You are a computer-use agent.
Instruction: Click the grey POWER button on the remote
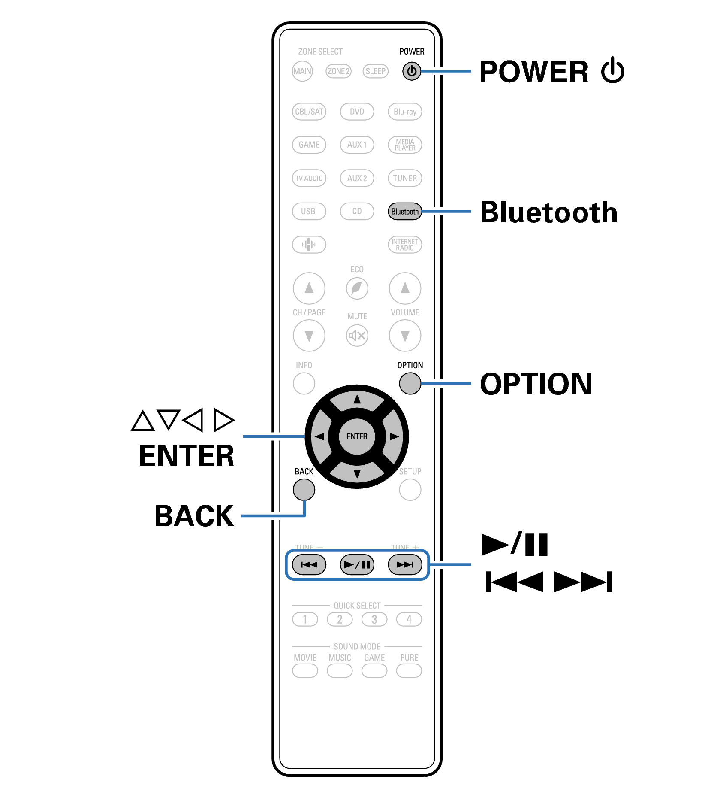tap(411, 71)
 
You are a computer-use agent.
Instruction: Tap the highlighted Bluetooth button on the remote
tap(404, 212)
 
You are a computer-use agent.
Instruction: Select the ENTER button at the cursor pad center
tap(357, 436)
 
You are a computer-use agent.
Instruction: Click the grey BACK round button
tap(304, 490)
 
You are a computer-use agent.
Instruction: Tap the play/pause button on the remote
tap(357, 564)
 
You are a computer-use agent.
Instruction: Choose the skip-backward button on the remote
tap(309, 564)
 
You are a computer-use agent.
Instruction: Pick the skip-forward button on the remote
tap(405, 564)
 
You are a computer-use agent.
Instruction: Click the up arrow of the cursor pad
tap(357, 400)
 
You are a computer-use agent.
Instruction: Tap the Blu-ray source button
tap(405, 112)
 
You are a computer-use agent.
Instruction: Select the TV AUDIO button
tap(309, 178)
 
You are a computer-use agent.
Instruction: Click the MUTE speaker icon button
tap(357, 335)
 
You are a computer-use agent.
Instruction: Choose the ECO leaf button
tap(357, 288)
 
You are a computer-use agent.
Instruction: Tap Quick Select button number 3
tap(374, 619)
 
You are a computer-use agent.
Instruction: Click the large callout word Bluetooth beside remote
tap(548, 212)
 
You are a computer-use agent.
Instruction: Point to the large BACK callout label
tap(194, 516)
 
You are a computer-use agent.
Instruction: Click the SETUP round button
tap(410, 490)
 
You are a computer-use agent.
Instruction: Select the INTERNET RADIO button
tap(405, 245)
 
